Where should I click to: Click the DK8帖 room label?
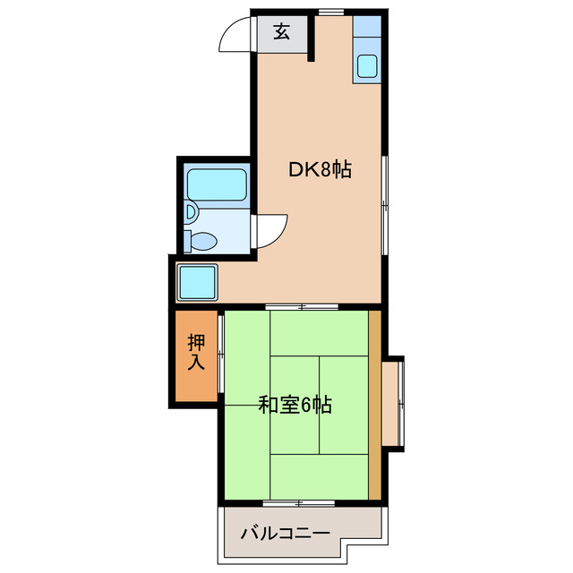pyautogui.click(x=319, y=169)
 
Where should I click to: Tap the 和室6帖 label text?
pyautogui.click(x=295, y=406)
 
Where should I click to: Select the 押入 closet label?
pyautogui.click(x=196, y=353)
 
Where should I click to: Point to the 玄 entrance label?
pyautogui.click(x=281, y=32)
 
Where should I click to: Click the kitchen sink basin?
pyautogui.click(x=368, y=66)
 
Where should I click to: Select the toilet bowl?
pyautogui.click(x=203, y=240)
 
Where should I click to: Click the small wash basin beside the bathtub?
pyautogui.click(x=192, y=212)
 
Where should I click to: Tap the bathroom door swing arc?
pyautogui.click(x=271, y=231)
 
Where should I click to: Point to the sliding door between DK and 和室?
pyautogui.click(x=303, y=307)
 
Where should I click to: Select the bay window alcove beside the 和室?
pyautogui.click(x=394, y=403)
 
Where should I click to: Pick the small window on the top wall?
pyautogui.click(x=329, y=12)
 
